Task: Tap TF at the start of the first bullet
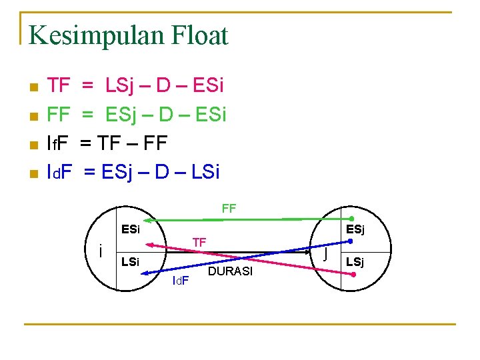point(59,86)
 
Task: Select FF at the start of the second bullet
point(59,115)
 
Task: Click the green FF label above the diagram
point(229,209)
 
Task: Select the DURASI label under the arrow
point(231,271)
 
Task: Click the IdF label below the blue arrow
point(180,280)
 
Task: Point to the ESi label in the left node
point(130,229)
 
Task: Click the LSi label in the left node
point(130,262)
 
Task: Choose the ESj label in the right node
point(355,230)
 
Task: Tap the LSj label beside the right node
point(355,261)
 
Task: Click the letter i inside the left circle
point(99,252)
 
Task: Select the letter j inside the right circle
point(325,254)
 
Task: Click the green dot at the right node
point(352,219)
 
